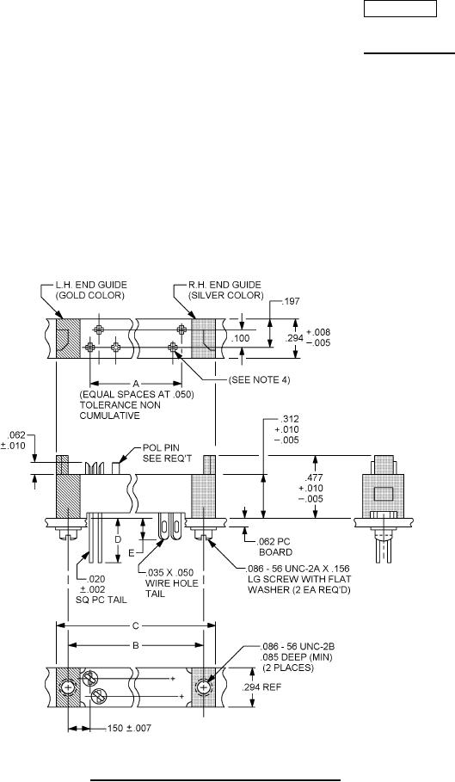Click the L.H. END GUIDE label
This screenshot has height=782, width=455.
point(90,285)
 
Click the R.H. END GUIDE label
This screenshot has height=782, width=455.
point(225,285)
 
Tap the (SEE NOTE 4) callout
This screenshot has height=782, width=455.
point(259,380)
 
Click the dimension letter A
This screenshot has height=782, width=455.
point(136,383)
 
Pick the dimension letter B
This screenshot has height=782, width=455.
point(135,645)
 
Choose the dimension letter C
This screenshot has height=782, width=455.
point(136,625)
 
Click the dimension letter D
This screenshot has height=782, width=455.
point(118,540)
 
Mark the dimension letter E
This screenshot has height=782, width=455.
point(132,553)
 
